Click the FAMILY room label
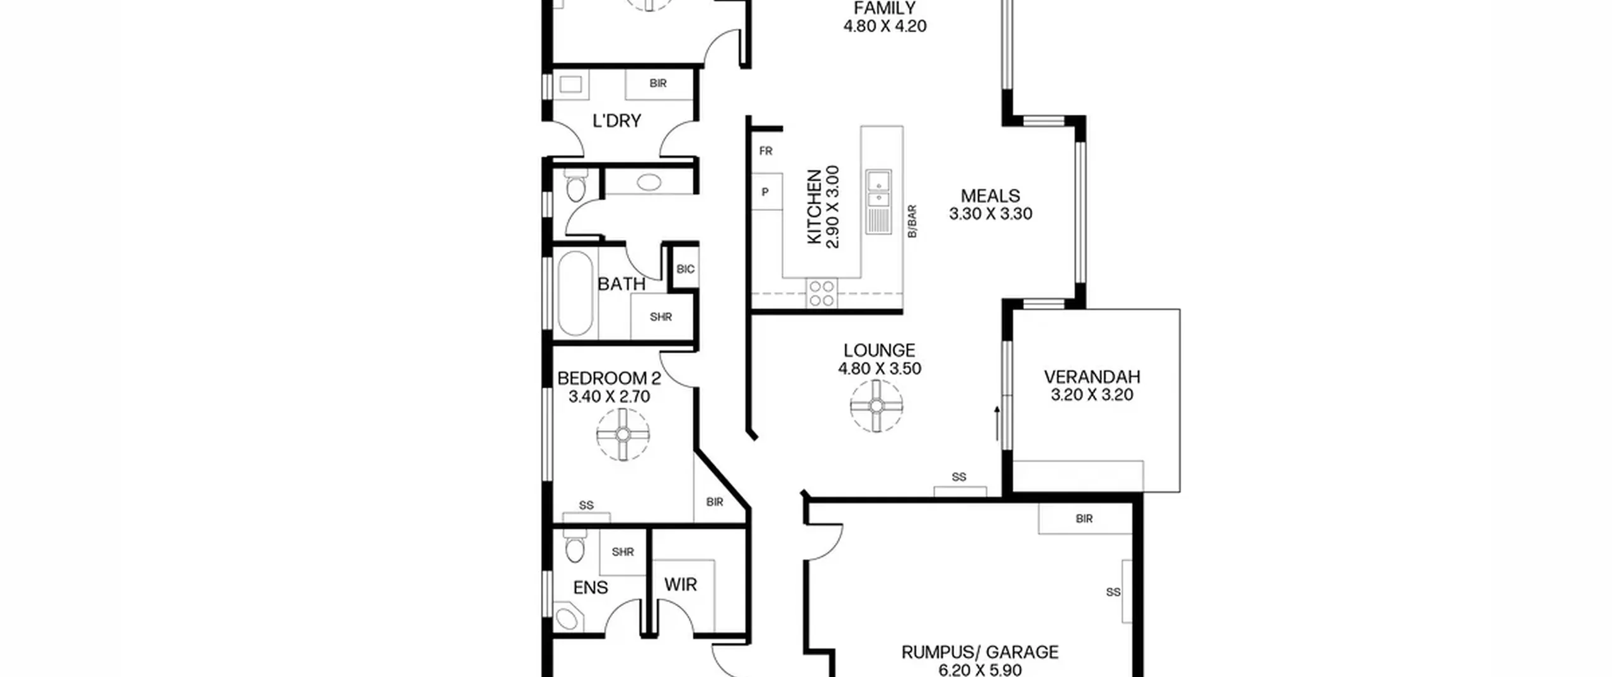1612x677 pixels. [885, 8]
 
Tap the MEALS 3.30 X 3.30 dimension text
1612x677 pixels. [990, 214]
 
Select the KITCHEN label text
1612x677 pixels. [814, 207]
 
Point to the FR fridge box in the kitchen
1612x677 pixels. [766, 151]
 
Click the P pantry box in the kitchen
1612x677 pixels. [766, 192]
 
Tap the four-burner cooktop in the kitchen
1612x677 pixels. [822, 293]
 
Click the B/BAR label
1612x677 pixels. [912, 221]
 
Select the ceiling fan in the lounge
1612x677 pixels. [877, 406]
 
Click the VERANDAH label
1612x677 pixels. [1092, 377]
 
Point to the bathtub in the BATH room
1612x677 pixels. [575, 294]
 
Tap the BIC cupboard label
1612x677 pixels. [686, 270]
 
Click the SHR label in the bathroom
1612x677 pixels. [661, 317]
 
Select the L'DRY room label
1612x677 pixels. [616, 121]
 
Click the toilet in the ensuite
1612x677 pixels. [574, 547]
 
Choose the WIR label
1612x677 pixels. [681, 585]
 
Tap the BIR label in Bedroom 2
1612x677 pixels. [715, 502]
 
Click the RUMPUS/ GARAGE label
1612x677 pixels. [980, 652]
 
